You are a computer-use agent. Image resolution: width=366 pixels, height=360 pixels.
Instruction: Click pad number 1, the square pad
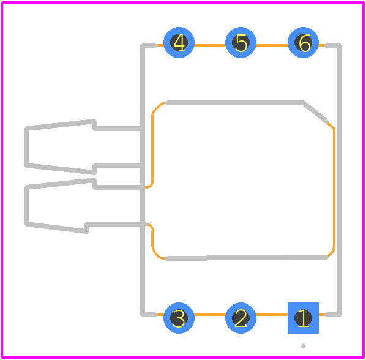[303, 318]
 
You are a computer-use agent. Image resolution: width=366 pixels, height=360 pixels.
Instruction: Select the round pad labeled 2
[241, 318]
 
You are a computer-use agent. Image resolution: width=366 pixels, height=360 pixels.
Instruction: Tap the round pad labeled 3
[179, 318]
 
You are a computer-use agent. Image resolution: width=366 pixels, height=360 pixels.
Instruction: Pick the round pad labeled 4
[179, 42]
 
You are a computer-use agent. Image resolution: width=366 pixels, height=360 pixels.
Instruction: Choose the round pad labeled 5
[241, 42]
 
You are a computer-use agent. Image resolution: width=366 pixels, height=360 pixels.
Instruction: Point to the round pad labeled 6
[303, 42]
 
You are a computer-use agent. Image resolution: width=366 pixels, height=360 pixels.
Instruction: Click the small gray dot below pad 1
[303, 346]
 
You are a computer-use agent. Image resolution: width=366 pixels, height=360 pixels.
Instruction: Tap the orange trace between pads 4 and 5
[210, 45]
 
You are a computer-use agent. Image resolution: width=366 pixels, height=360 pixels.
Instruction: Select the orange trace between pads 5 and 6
[272, 45]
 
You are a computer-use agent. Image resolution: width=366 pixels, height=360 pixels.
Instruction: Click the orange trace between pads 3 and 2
[210, 315]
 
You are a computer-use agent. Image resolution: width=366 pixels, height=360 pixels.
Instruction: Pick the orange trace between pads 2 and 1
[272, 315]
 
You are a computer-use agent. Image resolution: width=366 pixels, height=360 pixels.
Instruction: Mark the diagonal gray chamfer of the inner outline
[315, 113]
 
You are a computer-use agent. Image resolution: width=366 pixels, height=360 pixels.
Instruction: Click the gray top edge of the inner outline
[234, 103]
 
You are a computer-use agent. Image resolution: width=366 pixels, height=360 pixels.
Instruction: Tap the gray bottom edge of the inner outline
[247, 258]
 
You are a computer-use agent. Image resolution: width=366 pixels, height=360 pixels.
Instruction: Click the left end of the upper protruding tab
[26, 146]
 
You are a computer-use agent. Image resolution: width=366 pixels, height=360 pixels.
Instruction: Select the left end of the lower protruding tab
[26, 206]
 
